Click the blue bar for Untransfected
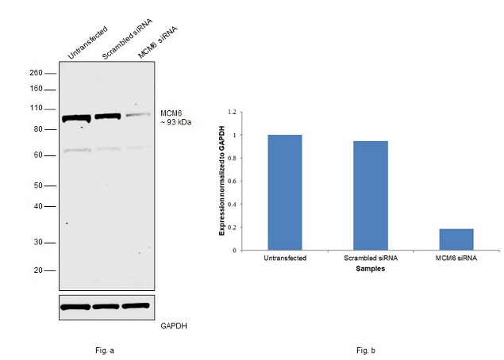pos(285,193)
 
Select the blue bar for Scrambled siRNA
pos(371,196)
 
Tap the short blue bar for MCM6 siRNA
pos(456,239)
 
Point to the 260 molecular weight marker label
pos(37,72)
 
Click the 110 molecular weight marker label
pos(37,108)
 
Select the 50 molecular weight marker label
pos(38,186)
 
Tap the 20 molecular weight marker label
pos(38,270)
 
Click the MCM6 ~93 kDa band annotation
pos(175,117)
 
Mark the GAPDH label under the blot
pos(173,325)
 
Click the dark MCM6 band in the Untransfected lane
pos(77,118)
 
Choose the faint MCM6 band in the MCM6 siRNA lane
pos(137,115)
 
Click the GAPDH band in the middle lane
pos(106,306)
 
